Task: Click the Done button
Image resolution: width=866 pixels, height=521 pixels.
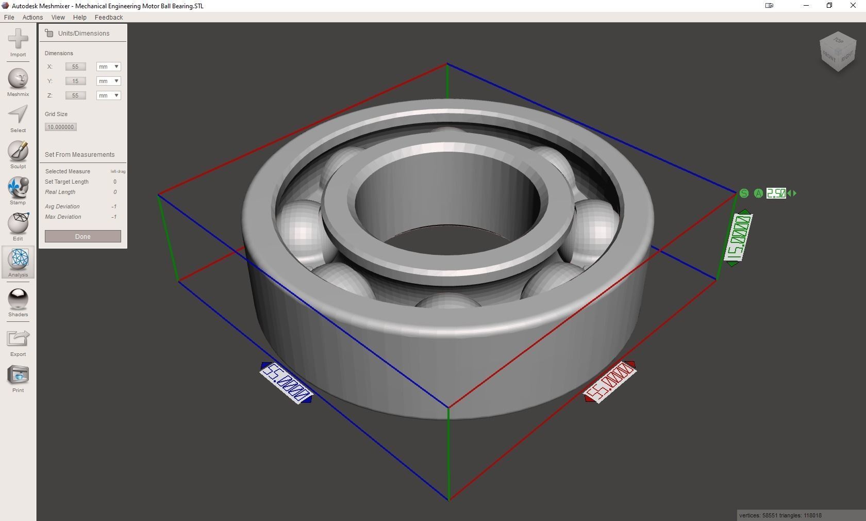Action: pyautogui.click(x=82, y=236)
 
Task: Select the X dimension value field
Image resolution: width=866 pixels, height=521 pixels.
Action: pyautogui.click(x=75, y=67)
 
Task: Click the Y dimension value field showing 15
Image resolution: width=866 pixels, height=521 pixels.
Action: pyautogui.click(x=75, y=81)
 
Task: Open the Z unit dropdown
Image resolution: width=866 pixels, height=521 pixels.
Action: pyautogui.click(x=108, y=95)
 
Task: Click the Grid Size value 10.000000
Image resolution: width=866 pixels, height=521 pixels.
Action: pyautogui.click(x=61, y=127)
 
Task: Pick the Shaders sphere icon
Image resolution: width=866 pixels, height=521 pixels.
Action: pyautogui.click(x=18, y=299)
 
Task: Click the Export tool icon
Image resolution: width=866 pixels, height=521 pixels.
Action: pyautogui.click(x=18, y=339)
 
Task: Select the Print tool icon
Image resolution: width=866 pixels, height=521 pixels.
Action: pyautogui.click(x=18, y=375)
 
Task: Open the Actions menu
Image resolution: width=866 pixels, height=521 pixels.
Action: pyautogui.click(x=32, y=17)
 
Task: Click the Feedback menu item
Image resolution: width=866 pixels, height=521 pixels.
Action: pyautogui.click(x=109, y=17)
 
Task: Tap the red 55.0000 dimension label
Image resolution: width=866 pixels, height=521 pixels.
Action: pyautogui.click(x=610, y=382)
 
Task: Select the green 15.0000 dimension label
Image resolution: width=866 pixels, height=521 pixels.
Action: pyautogui.click(x=738, y=238)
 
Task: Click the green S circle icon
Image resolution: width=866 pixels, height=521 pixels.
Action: pyautogui.click(x=744, y=193)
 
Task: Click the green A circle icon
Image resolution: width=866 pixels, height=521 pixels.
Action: pyautogui.click(x=758, y=193)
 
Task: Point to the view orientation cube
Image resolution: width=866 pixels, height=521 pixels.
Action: pyautogui.click(x=838, y=52)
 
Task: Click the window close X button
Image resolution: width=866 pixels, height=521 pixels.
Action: pyautogui.click(x=853, y=6)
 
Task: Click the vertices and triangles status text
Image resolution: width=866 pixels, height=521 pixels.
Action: pyautogui.click(x=780, y=515)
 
